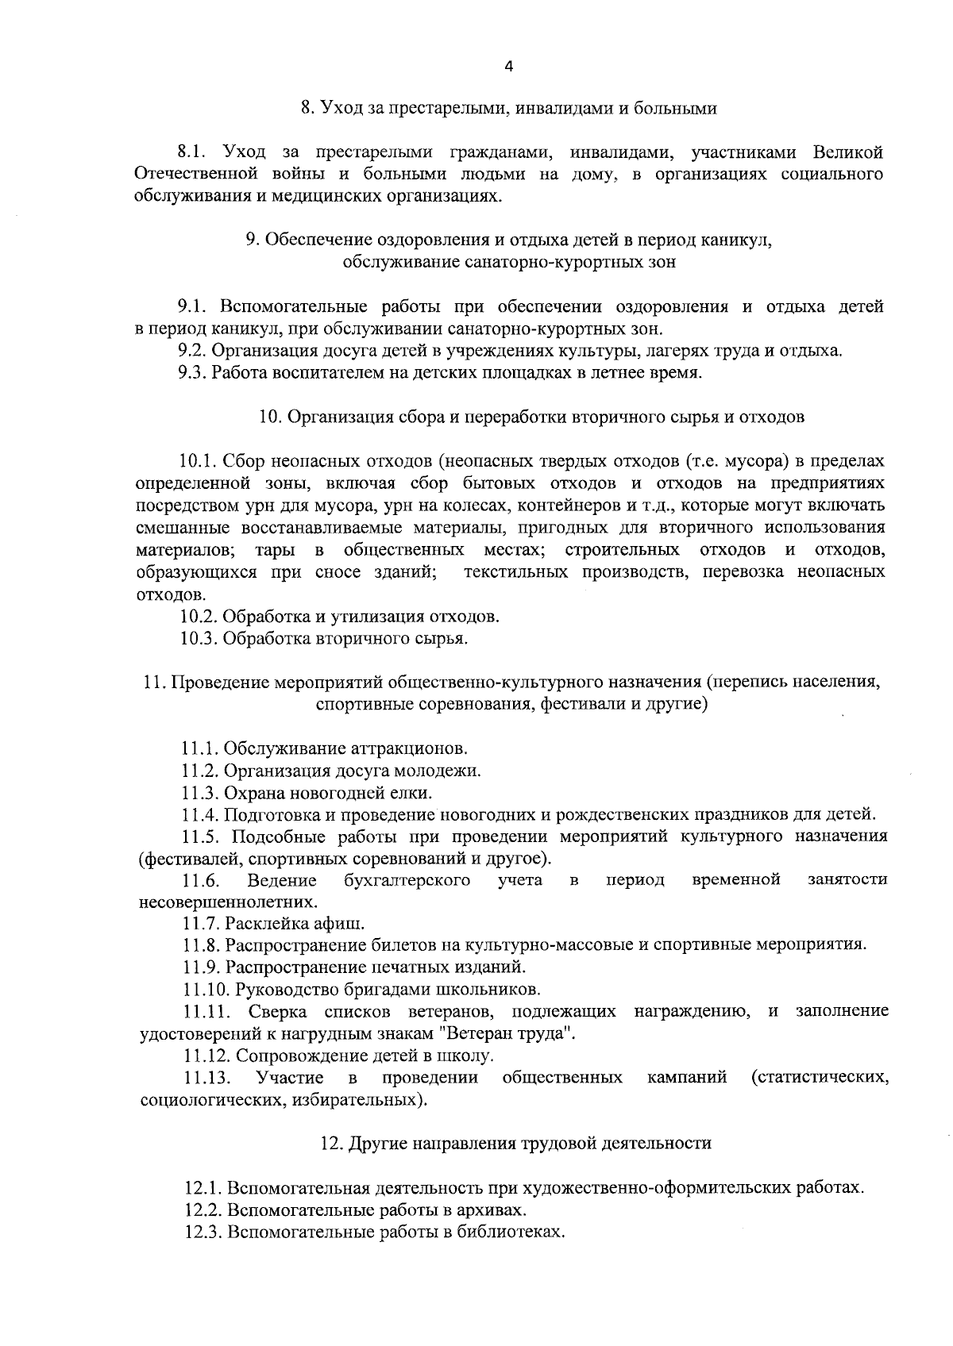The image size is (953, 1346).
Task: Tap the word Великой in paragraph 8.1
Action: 848,152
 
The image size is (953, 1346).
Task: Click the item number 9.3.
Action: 193,373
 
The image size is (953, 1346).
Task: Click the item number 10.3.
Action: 199,638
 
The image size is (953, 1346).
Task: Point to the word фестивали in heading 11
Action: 579,704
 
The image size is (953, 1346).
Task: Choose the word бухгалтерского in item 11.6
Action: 407,879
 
